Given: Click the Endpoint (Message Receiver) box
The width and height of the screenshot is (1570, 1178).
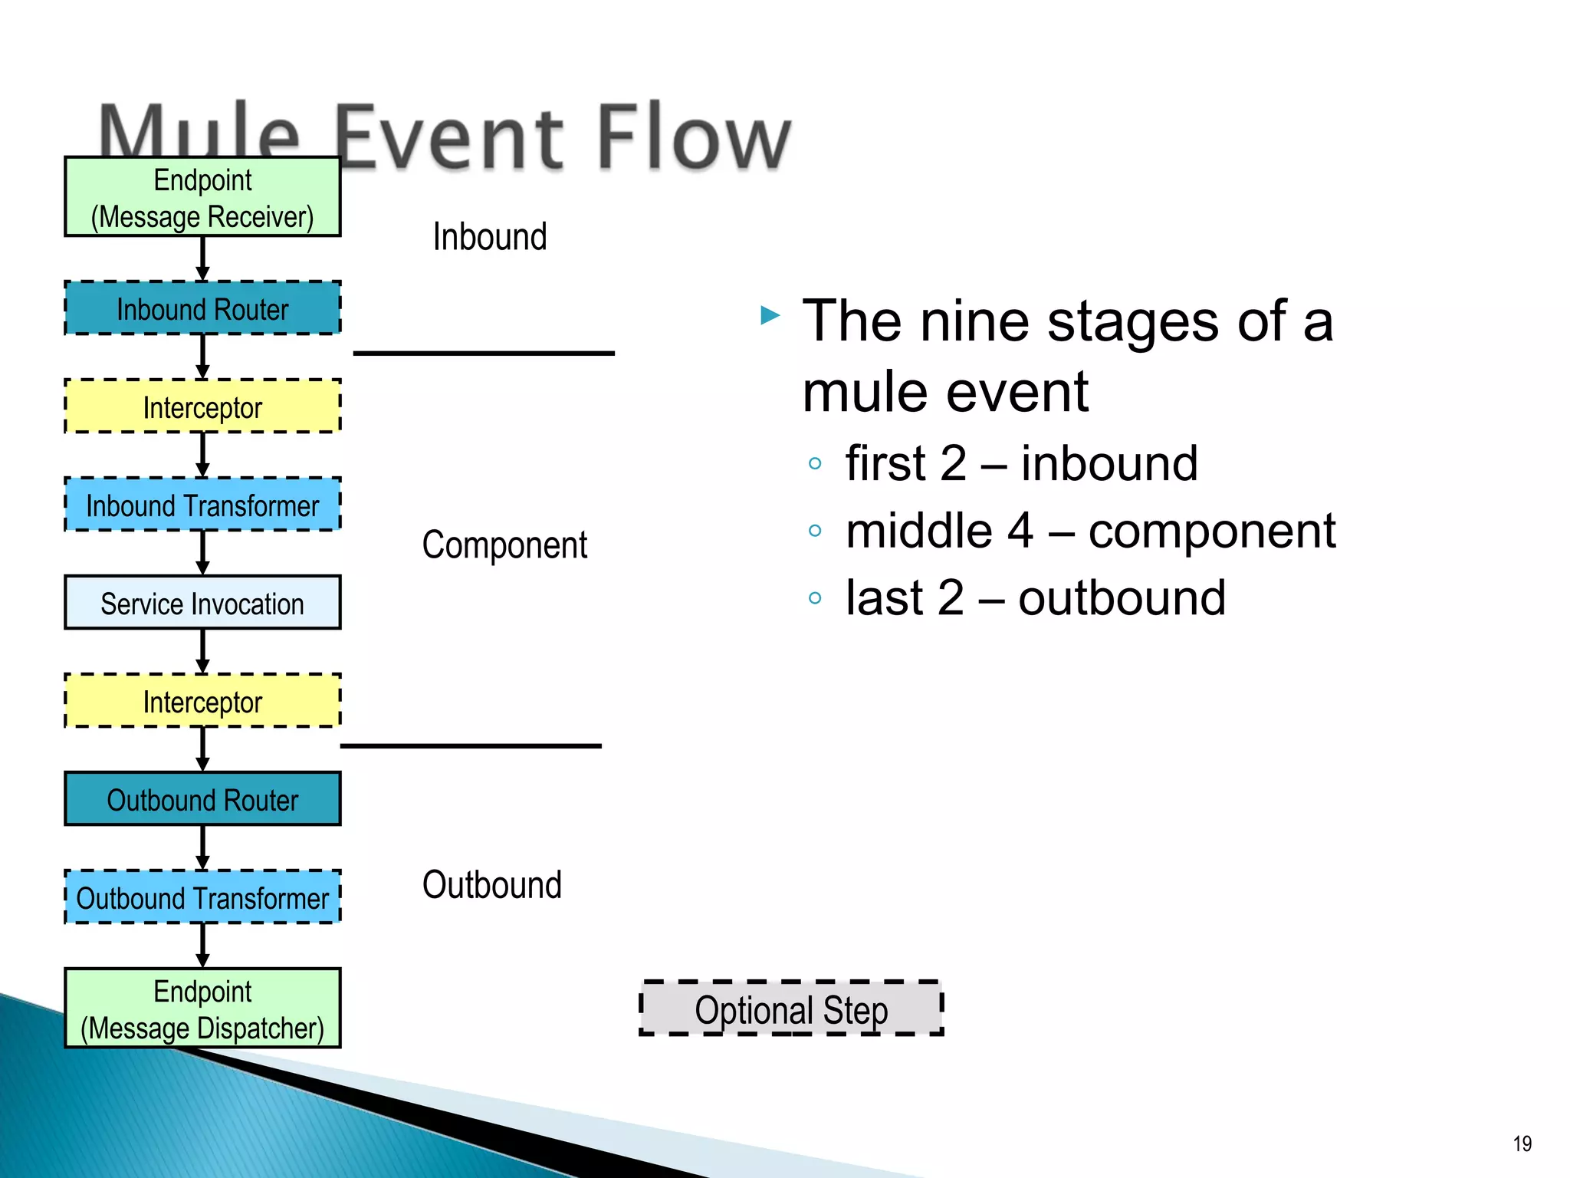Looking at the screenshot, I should (202, 197).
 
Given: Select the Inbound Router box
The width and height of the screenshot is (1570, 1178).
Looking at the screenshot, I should (202, 308).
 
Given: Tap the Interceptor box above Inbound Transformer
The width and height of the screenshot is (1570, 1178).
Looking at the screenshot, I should (202, 406).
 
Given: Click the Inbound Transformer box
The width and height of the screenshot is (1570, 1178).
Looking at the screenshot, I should (202, 505).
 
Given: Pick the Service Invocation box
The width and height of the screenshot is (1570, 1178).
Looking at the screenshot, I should (202, 603).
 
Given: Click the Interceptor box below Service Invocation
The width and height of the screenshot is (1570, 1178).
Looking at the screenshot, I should (202, 701).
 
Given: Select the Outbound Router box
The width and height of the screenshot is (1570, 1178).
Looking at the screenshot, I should (202, 799).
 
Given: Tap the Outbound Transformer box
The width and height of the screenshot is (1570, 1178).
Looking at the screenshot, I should (202, 897).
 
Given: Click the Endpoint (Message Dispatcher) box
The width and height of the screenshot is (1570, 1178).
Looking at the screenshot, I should (202, 1009).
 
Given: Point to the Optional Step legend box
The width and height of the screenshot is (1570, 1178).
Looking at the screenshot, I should (791, 1009).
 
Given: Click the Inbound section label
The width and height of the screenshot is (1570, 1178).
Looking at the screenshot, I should (490, 236).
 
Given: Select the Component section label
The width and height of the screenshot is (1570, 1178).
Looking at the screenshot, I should (504, 545).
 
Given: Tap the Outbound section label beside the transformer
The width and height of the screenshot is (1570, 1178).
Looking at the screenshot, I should (491, 885).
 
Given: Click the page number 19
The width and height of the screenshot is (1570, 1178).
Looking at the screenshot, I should (1522, 1143).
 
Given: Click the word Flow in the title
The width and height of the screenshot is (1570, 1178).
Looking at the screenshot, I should (693, 139).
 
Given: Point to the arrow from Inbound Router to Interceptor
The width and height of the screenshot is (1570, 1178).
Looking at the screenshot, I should (202, 357).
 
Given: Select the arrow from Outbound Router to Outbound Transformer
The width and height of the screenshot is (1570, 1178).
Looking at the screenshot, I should (202, 847).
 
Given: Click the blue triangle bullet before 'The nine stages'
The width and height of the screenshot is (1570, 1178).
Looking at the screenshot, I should (770, 315).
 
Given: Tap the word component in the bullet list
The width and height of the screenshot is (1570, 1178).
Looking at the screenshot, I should (1211, 531).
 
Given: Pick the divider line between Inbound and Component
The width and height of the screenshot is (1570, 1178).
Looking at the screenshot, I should (484, 353).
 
